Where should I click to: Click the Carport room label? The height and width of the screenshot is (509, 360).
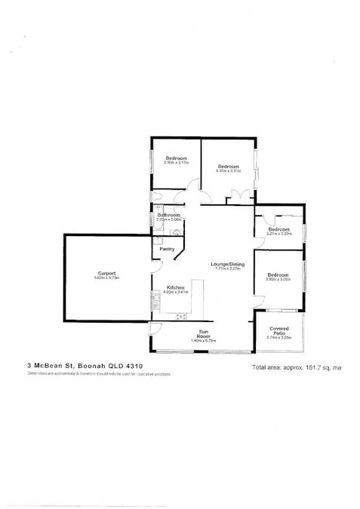106,273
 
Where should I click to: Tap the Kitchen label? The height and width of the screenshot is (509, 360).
175,287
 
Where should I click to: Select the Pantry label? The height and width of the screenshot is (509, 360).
168,249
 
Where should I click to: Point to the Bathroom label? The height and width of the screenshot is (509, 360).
168,215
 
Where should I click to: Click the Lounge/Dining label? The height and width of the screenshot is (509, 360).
226,264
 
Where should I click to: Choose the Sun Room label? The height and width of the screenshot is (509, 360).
204,333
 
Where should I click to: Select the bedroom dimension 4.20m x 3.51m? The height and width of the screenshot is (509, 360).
228,170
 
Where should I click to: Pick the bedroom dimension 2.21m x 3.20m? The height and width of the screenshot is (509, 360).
278,234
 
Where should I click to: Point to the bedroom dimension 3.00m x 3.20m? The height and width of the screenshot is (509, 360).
278,280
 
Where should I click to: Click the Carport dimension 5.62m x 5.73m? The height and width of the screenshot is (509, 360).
106,278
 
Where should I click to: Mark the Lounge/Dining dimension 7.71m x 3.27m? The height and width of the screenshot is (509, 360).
226,269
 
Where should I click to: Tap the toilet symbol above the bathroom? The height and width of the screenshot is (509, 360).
157,198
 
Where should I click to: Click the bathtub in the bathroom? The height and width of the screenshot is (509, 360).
153,220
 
